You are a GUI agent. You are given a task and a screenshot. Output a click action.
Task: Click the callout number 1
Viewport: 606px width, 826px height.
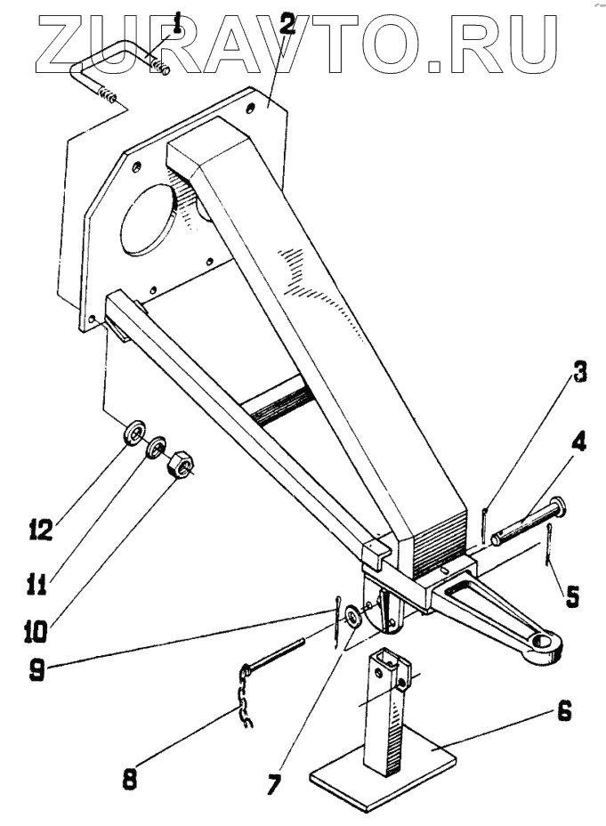[178, 20]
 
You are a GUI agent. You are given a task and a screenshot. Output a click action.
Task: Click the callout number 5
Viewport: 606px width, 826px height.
[571, 594]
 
